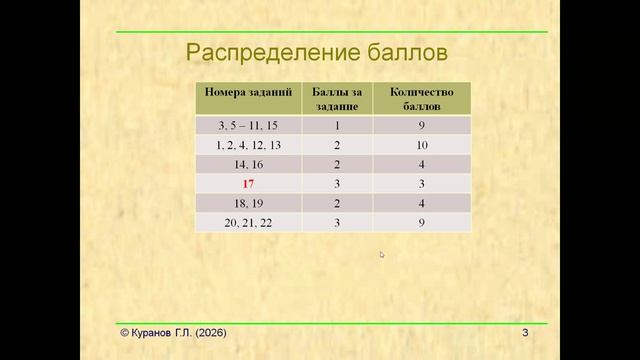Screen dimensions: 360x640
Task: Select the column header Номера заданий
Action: pos(249,91)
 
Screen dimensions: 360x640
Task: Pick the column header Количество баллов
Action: pos(422,98)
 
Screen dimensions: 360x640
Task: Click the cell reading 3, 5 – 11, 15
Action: pos(249,126)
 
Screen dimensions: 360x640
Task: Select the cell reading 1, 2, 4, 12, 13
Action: pos(249,146)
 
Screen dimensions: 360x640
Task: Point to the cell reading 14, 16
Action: pos(249,165)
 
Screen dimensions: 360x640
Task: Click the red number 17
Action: pos(249,185)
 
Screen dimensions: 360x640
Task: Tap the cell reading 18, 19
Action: pos(249,204)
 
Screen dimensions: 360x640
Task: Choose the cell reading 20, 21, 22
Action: pos(249,223)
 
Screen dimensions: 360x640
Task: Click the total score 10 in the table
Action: pos(422,146)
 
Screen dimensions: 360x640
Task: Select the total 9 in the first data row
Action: pos(422,126)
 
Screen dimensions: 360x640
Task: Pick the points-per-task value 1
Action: pos(338,126)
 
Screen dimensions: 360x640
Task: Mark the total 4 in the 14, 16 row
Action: pos(422,165)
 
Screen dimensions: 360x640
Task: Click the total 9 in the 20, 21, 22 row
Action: pos(422,223)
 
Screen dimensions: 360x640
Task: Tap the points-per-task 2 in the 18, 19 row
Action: pos(338,204)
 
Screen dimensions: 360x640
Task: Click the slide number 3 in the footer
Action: pos(524,332)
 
